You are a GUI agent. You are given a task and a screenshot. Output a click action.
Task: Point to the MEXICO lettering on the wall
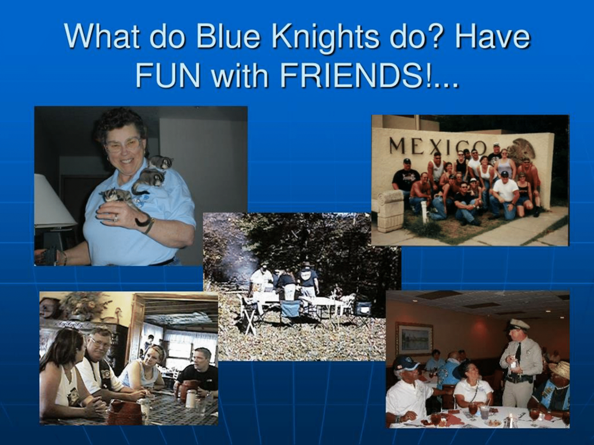(x=438, y=146)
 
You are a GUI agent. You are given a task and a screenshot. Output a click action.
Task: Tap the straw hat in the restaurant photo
(x=560, y=369)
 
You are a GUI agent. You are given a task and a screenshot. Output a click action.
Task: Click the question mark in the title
(x=453, y=36)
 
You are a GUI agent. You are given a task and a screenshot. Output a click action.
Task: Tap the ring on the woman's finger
(x=116, y=218)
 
